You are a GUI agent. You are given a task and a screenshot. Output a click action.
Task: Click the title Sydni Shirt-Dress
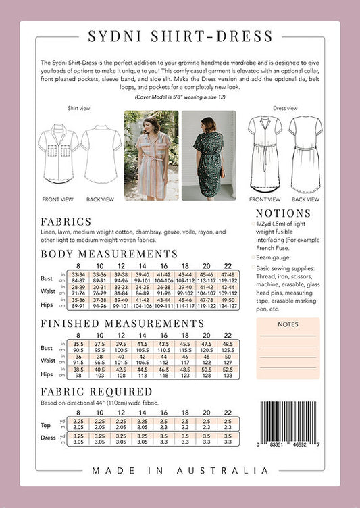(180, 36)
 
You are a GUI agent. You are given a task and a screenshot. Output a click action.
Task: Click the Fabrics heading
(66, 222)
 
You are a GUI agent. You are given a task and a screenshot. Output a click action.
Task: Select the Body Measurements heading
(109, 254)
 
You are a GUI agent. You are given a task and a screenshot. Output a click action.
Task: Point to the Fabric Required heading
(96, 391)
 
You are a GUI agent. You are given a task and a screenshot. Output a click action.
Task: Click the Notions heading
(283, 213)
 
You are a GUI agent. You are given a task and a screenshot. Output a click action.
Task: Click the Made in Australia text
(180, 470)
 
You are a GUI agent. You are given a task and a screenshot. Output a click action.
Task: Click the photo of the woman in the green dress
(208, 155)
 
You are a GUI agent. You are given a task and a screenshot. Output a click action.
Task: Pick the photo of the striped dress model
(151, 155)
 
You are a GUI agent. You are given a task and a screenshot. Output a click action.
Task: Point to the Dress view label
(284, 108)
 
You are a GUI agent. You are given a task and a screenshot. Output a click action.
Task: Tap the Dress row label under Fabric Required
(49, 437)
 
